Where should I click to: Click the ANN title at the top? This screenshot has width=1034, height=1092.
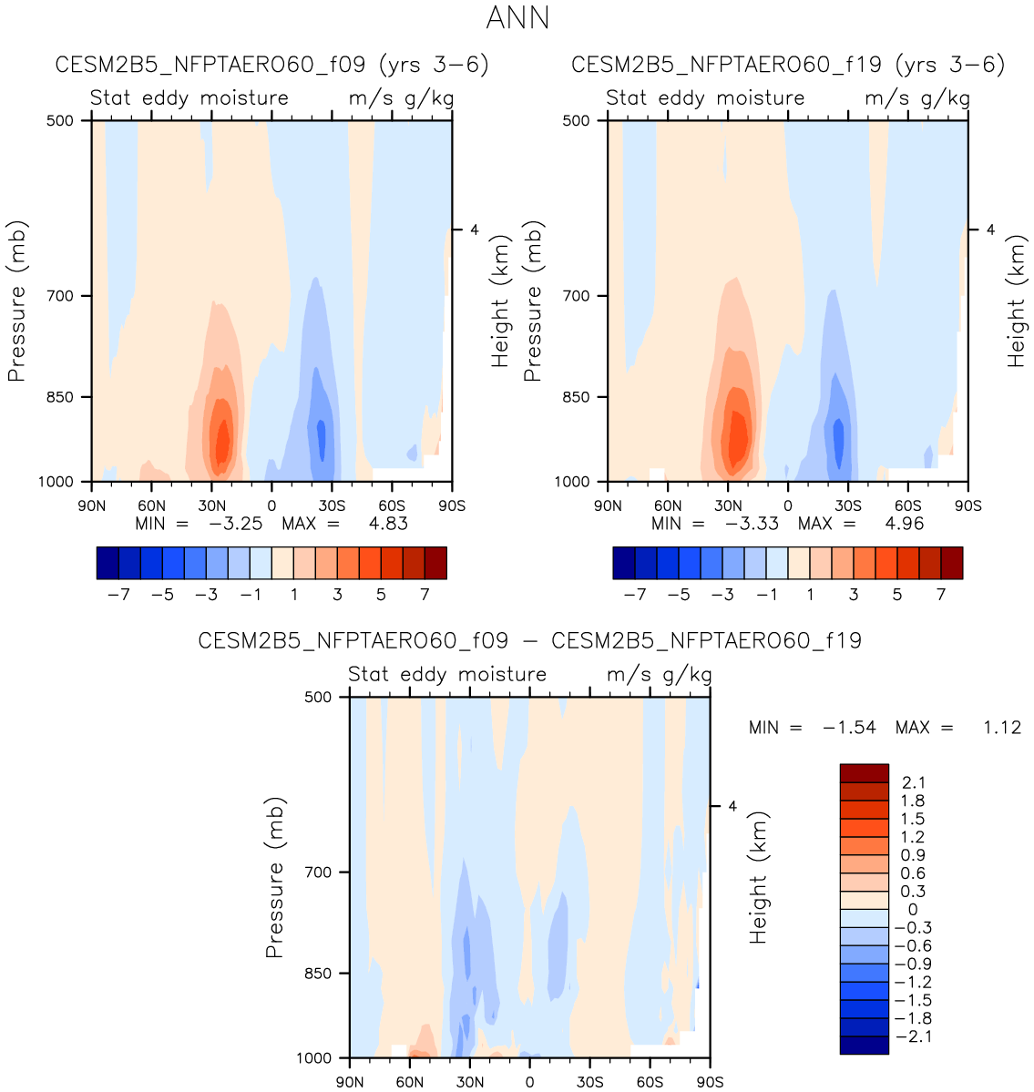coord(517,18)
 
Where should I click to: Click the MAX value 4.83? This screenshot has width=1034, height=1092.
coord(389,524)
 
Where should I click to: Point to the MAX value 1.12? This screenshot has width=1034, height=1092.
coord(1002,728)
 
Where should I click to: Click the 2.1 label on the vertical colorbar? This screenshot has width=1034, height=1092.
coord(913,782)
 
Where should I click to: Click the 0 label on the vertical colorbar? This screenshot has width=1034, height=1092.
coord(913,909)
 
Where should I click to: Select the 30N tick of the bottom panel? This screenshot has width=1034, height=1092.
coord(470,1082)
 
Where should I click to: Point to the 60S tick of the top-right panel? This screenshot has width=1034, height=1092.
coord(907,505)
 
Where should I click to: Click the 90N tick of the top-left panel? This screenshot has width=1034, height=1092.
coord(91,505)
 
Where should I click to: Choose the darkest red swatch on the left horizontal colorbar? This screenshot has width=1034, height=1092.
coord(435,563)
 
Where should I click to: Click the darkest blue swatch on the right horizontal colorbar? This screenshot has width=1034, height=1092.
coord(624,563)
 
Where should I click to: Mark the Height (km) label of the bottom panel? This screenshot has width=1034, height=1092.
coord(759,876)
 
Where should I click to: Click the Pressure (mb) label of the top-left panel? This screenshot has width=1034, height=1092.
coord(16,301)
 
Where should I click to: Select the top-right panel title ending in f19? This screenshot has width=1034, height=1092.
coord(788,65)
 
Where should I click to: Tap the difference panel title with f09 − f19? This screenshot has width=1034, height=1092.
coord(529,641)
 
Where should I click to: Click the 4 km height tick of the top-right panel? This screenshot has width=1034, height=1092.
coord(990,230)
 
